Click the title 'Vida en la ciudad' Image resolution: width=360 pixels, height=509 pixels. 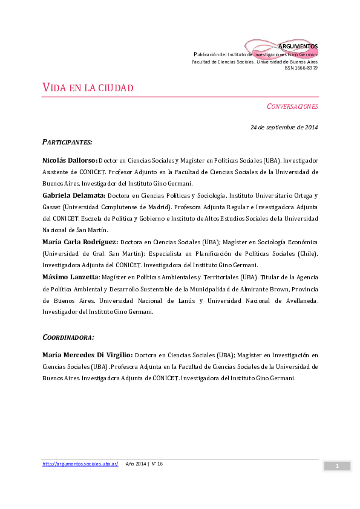pos(88,88)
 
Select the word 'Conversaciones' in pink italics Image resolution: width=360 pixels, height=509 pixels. pos(292,106)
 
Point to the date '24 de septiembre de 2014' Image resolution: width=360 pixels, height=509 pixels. pos(284,127)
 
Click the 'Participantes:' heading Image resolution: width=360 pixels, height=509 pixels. pos(67,142)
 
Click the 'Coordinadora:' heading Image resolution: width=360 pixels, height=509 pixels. pos(68,337)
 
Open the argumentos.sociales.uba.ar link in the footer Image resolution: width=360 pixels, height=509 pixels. pos(80,464)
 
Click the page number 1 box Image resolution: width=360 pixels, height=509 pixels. pos(337,465)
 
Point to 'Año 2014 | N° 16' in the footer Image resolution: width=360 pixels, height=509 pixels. pos(145,464)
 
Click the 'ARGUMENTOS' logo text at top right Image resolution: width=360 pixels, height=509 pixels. pos(298,47)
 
